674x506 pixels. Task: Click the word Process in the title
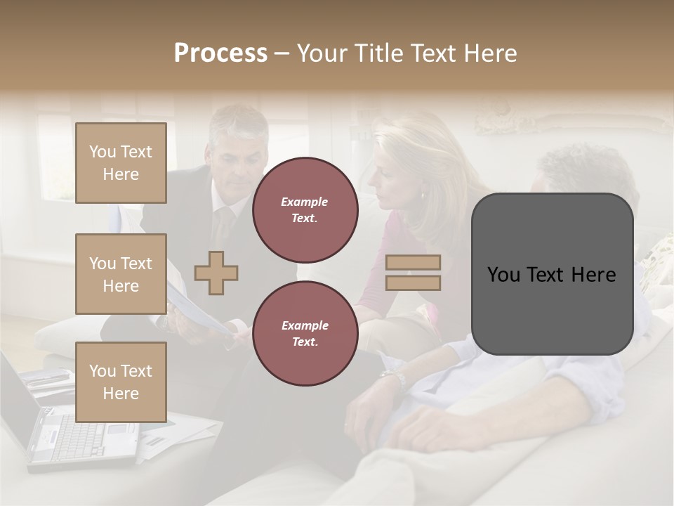click(x=220, y=53)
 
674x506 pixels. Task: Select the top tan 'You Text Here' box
click(x=121, y=163)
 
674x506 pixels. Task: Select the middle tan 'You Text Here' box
click(x=121, y=274)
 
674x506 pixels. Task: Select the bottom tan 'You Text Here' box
click(x=121, y=382)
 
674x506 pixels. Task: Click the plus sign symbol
click(x=216, y=273)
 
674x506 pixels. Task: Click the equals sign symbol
click(x=413, y=273)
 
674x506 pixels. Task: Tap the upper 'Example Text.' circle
click(x=305, y=210)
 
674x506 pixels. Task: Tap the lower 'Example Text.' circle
click(x=305, y=334)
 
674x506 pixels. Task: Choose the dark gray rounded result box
click(x=552, y=274)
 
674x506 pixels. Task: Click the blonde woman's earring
click(x=423, y=195)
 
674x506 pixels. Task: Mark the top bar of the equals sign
click(x=413, y=262)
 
